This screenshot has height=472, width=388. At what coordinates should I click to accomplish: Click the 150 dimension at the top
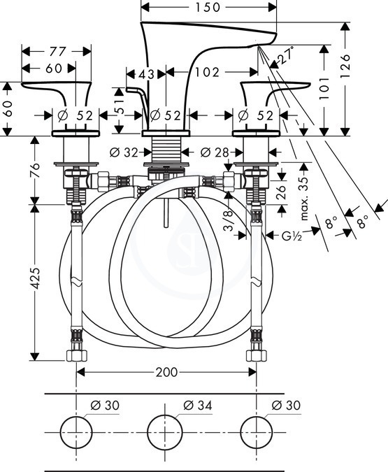coord(208,7)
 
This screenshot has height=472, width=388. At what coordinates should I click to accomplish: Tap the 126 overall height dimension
coord(345,66)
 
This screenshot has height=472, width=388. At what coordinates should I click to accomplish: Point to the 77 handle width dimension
coord(57,52)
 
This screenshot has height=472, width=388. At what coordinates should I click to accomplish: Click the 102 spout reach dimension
coord(208,72)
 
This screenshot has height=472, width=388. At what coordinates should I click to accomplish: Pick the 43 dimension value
coord(146,74)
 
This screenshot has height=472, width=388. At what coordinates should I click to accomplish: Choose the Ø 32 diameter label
coord(124,152)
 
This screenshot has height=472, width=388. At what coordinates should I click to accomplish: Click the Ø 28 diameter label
coord(215,152)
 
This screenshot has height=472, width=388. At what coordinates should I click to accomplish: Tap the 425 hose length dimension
coord(35,278)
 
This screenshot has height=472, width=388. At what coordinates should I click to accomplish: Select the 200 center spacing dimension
coord(166,373)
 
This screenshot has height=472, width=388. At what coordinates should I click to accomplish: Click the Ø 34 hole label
coord(197,405)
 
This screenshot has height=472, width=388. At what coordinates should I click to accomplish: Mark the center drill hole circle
coord(165,432)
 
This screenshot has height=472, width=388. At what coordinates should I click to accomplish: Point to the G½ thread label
coord(292,236)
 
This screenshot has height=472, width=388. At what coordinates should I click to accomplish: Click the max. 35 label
coord(304,198)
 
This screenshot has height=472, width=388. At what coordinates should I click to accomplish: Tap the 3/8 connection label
coord(229,220)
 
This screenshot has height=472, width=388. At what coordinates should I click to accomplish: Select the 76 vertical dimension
coord(35,170)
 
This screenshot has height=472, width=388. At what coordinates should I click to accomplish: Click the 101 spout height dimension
coord(324,89)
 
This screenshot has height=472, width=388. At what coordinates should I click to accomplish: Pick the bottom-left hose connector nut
coord(76,355)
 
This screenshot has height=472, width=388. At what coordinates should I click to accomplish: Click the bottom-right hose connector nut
coord(256,355)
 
